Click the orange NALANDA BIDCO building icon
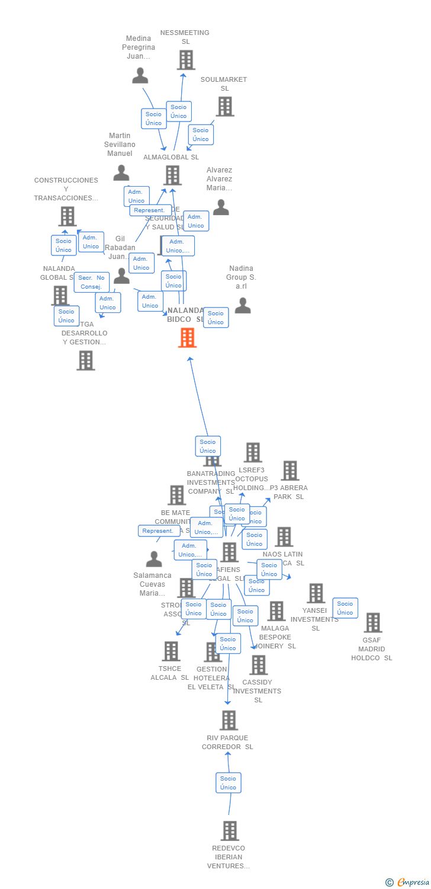188,338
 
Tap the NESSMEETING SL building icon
186,60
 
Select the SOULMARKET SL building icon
225,107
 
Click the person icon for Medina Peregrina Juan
140,76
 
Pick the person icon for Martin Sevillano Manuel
121,173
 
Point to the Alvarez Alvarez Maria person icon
221,207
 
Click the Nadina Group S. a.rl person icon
243,306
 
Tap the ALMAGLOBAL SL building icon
172,175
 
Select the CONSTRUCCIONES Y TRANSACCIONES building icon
67,216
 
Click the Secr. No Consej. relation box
92,282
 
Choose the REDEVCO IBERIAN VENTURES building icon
230,831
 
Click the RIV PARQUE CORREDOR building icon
229,721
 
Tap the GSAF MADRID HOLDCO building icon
373,623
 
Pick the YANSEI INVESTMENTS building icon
316,593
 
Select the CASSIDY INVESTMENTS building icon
258,665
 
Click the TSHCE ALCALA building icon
171,651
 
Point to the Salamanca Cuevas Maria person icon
154,559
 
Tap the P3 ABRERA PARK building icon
290,471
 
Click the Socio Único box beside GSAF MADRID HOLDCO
345,608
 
